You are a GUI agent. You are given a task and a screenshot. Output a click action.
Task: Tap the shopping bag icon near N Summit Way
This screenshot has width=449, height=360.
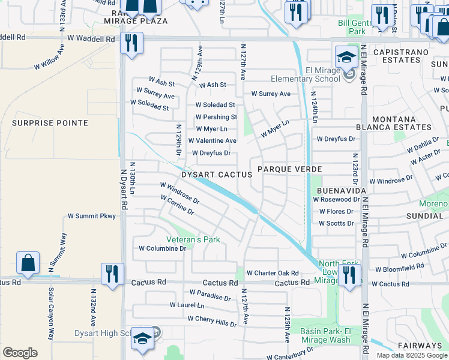[28, 262]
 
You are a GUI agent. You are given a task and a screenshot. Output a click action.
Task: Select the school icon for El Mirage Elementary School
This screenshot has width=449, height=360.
[346, 57]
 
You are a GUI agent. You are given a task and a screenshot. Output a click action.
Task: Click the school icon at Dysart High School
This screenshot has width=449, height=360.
[142, 339]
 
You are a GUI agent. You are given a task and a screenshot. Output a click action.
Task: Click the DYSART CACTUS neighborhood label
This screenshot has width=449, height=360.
[217, 174]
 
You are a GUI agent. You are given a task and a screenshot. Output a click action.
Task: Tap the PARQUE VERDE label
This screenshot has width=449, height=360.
[290, 169]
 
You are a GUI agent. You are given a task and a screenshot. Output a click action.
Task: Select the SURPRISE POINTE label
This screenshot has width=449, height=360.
[50, 123]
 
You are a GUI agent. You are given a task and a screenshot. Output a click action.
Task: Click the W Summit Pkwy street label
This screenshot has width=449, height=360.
[91, 215]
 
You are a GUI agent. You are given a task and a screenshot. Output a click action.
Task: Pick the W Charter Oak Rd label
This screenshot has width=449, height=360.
[273, 272]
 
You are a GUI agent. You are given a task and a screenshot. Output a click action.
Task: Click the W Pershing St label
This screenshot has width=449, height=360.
[216, 117]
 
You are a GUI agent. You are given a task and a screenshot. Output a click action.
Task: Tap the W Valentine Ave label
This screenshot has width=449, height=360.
[212, 140]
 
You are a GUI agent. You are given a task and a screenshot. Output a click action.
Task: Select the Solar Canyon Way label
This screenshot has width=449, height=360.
[51, 320]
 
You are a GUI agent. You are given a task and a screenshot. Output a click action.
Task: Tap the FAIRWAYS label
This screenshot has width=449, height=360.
[420, 346]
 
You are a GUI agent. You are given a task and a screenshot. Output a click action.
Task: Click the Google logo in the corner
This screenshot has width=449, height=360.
[20, 353]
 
